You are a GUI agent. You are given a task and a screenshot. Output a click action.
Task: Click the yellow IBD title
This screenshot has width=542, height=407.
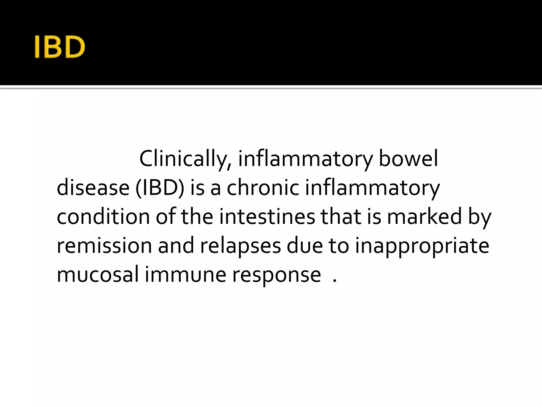[60, 47]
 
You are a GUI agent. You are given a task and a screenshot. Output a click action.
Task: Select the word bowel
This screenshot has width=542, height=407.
[408, 159]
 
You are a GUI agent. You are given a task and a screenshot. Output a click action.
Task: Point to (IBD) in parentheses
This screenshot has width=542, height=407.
[160, 188]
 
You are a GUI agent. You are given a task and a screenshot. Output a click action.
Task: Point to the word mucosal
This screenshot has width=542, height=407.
[98, 275]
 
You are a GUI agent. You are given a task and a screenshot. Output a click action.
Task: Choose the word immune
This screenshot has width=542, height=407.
[186, 275]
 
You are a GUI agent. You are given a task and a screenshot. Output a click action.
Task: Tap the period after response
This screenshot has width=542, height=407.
[335, 281]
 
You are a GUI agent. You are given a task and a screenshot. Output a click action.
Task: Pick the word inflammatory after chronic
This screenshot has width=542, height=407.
[372, 188]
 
